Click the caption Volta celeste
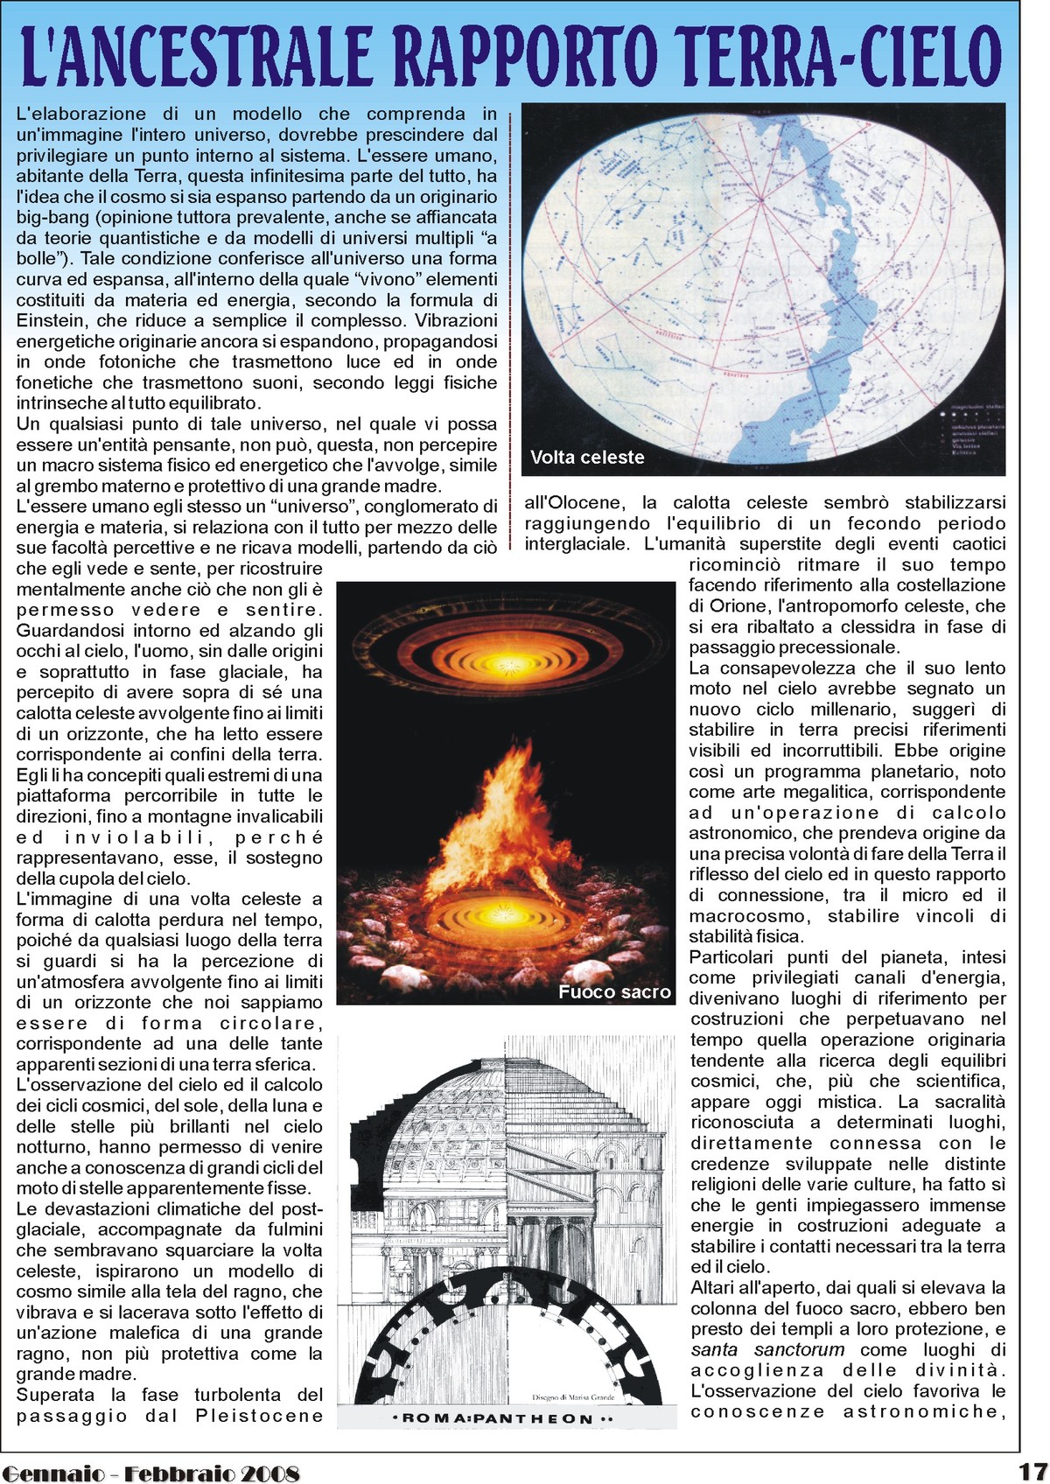pyautogui.click(x=587, y=458)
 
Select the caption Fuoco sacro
pyautogui.click(x=614, y=991)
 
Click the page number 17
pyautogui.click(x=1032, y=1470)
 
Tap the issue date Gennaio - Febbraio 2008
pyautogui.click(x=150, y=1472)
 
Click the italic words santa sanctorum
pyautogui.click(x=767, y=1350)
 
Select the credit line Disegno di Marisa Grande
pyautogui.click(x=573, y=1397)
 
